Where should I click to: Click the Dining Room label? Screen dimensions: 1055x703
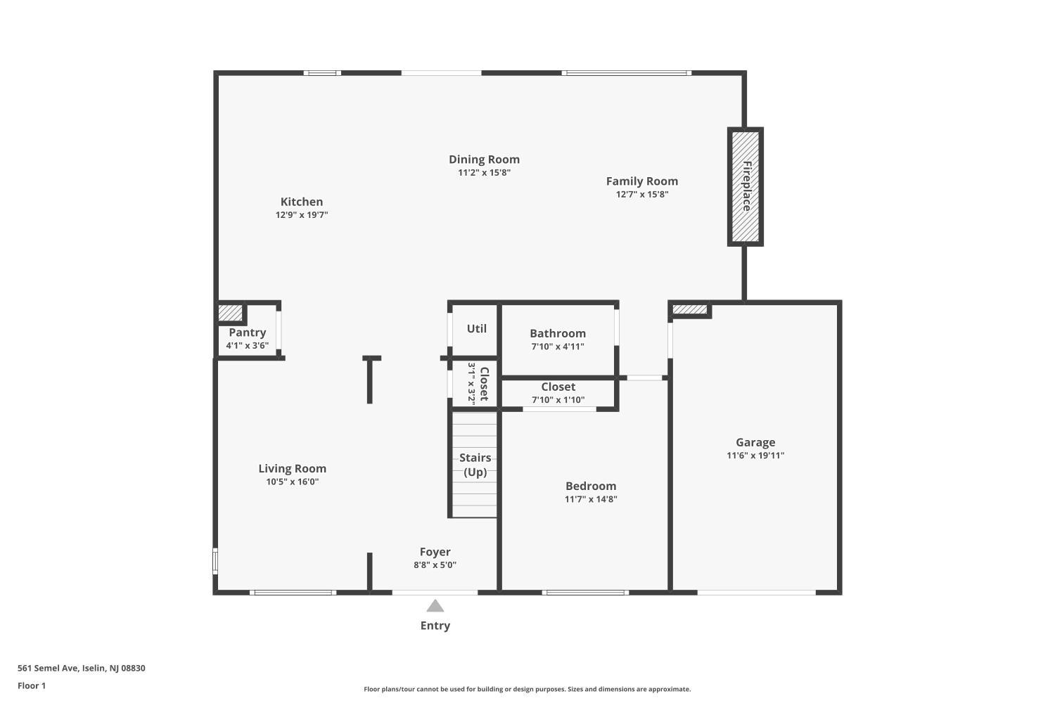click(x=484, y=160)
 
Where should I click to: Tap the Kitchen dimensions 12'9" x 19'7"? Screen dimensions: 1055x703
click(x=302, y=214)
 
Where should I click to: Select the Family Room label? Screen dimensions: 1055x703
click(x=642, y=181)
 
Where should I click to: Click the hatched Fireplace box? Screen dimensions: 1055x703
click(x=745, y=186)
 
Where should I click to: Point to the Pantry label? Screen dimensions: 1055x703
click(x=248, y=333)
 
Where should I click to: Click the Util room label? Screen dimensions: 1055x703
click(x=477, y=328)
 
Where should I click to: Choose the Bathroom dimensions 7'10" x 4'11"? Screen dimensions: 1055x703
click(x=558, y=347)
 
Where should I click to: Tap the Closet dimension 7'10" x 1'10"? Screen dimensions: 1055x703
click(x=558, y=400)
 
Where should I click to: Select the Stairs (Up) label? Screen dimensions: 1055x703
click(x=475, y=465)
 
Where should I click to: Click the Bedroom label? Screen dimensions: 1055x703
click(x=591, y=486)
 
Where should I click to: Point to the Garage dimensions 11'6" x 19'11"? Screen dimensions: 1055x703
click(x=755, y=456)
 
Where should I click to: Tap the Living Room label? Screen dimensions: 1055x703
click(x=293, y=468)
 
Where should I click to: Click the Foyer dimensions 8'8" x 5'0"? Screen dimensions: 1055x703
click(x=435, y=565)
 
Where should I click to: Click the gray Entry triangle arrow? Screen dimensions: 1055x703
click(x=435, y=606)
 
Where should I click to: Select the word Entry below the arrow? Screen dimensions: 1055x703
click(x=435, y=626)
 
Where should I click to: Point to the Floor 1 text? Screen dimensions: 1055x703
click(x=32, y=685)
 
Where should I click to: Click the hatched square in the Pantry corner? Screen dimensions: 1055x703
click(x=230, y=313)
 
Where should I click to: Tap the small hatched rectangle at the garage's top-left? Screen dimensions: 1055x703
click(x=689, y=309)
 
